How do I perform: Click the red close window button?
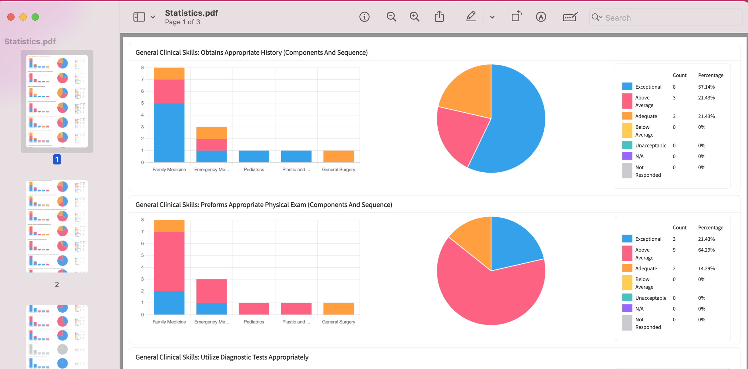click(11, 17)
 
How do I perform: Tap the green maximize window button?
click(35, 17)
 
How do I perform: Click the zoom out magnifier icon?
click(391, 17)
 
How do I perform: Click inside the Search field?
click(667, 18)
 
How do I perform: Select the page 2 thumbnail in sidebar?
click(57, 226)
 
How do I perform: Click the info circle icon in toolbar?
click(364, 17)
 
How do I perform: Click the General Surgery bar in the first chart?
click(339, 156)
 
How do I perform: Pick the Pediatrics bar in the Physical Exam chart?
click(254, 309)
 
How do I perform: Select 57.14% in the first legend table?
click(706, 87)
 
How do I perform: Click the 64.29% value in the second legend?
click(706, 250)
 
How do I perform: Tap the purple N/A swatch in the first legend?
click(627, 156)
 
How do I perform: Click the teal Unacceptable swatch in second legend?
click(627, 298)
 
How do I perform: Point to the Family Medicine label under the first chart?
click(169, 170)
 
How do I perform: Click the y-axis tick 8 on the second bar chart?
click(142, 220)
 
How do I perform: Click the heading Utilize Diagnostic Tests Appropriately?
click(222, 357)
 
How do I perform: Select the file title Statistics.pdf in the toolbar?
click(191, 13)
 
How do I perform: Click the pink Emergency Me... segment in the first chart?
click(211, 145)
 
